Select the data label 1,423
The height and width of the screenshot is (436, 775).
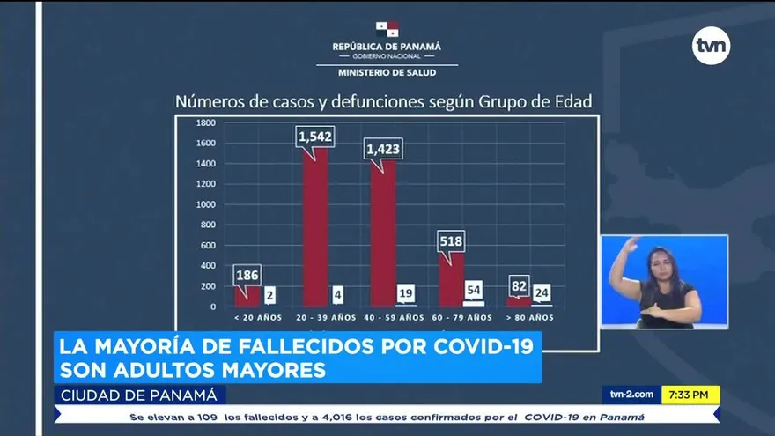pyautogui.click(x=384, y=149)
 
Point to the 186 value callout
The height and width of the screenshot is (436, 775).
pyautogui.click(x=247, y=275)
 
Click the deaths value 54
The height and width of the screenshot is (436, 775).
pyautogui.click(x=474, y=290)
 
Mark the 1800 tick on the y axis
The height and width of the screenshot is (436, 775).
pyautogui.click(x=206, y=122)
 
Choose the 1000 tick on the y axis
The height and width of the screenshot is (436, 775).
pyautogui.click(x=206, y=204)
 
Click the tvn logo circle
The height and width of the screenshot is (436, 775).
pyautogui.click(x=711, y=46)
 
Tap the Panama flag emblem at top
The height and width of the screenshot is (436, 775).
pyautogui.click(x=387, y=30)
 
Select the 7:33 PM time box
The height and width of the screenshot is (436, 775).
pyautogui.click(x=690, y=395)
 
